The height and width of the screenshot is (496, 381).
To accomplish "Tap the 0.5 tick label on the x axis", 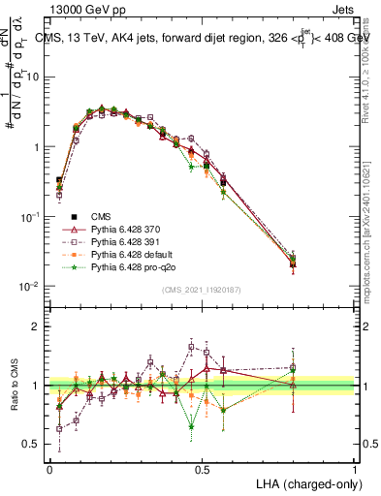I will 202,469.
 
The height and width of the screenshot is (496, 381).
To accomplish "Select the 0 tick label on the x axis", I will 49,469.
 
